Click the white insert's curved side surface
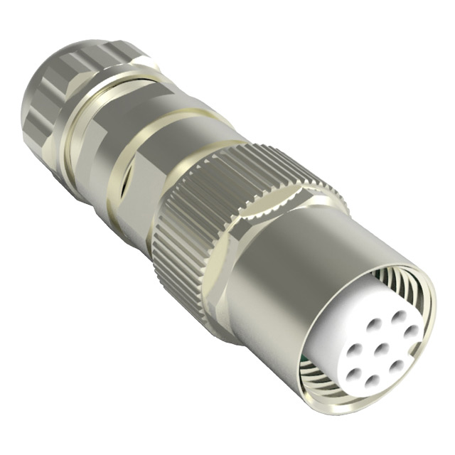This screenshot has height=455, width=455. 334,334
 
